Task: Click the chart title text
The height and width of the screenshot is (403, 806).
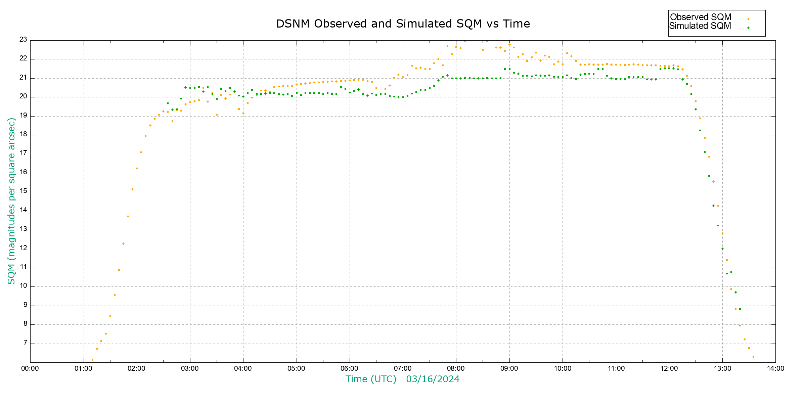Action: (403, 24)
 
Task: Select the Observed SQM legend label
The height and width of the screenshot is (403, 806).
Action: (701, 17)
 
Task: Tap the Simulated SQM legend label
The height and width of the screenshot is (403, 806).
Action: (700, 26)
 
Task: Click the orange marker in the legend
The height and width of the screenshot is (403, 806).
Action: (748, 19)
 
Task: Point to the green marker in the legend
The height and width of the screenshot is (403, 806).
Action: (748, 28)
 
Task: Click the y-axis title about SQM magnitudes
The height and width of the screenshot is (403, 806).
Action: (11, 201)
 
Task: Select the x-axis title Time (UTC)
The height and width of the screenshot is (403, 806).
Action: (371, 379)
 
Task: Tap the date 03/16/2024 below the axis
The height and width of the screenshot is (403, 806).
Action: (433, 379)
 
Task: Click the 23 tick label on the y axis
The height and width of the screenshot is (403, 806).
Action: (23, 40)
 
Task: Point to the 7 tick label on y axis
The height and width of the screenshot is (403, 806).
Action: (25, 343)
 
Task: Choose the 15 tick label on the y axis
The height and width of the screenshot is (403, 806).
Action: (23, 191)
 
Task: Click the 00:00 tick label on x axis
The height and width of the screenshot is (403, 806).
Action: (30, 368)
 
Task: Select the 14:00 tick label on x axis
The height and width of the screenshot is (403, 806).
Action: (775, 368)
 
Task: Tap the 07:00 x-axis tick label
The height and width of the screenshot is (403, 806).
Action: (403, 368)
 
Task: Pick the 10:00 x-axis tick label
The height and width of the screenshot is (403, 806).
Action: (563, 368)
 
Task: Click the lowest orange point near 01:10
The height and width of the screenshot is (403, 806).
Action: (92, 360)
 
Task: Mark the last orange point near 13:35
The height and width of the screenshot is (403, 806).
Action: (753, 357)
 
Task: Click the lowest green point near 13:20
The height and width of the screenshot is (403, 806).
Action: (740, 309)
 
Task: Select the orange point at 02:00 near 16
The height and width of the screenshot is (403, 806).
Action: (137, 169)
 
